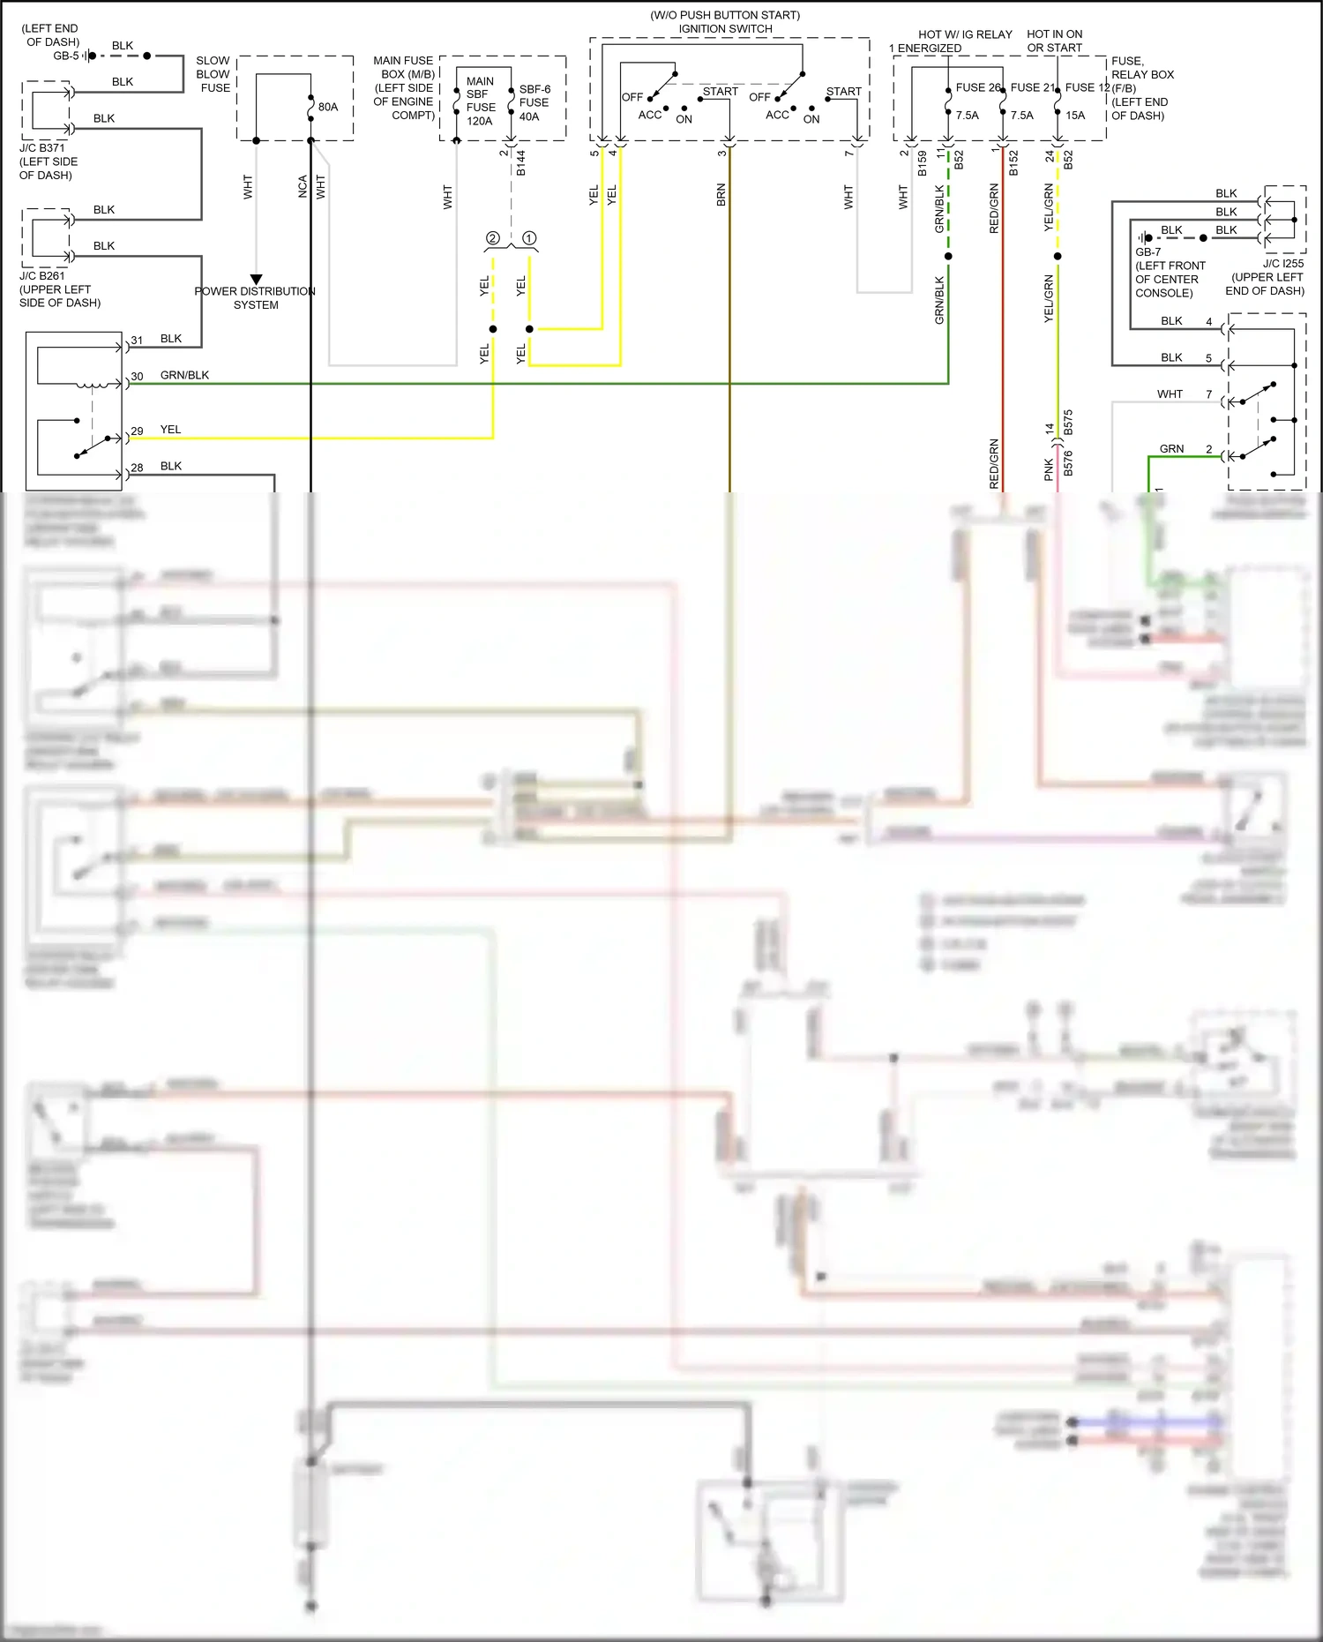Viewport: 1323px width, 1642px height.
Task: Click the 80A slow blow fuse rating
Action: click(328, 107)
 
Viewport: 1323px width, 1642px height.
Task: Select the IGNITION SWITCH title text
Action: click(725, 29)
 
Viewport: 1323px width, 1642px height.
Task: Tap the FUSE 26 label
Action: click(978, 87)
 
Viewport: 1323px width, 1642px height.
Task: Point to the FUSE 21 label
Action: click(1032, 87)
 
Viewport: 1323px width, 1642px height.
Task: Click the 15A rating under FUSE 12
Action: click(1075, 115)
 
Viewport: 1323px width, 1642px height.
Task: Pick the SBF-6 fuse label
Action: click(534, 89)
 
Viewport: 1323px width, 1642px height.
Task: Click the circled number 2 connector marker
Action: click(493, 238)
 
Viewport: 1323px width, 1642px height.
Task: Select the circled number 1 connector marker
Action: click(529, 238)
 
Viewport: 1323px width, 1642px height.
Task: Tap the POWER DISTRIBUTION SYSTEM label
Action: click(255, 297)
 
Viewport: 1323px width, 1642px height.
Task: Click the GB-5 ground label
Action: click(66, 56)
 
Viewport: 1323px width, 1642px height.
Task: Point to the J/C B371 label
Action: click(41, 148)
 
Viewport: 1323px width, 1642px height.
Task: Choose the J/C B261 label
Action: click(41, 275)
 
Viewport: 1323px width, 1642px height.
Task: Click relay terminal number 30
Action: click(137, 377)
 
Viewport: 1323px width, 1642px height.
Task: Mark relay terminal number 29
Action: click(137, 431)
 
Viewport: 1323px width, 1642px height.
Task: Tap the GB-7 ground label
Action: click(1147, 252)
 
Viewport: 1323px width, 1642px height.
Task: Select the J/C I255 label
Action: click(1282, 263)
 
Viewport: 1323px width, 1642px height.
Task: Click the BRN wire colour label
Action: click(721, 195)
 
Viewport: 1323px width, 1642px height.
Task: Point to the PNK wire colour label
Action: click(1049, 469)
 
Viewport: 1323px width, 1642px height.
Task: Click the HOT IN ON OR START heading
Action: click(1054, 41)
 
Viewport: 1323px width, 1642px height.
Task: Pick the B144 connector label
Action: click(521, 162)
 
